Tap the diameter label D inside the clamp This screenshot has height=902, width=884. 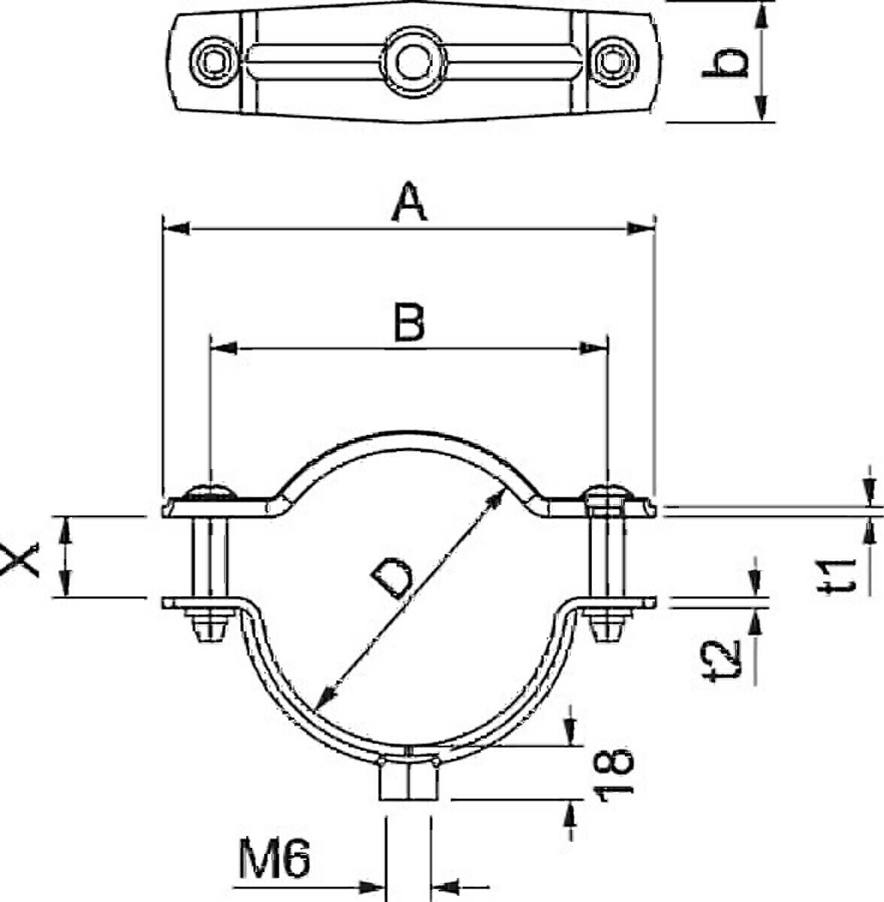click(392, 580)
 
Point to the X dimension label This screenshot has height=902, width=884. click(19, 559)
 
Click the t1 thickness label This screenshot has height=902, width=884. click(840, 575)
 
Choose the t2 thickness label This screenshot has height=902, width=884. click(723, 661)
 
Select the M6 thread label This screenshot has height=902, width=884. click(274, 858)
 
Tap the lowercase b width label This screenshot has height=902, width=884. click(725, 62)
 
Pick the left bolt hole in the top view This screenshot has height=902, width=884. click(214, 62)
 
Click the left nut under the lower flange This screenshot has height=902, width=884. click(210, 624)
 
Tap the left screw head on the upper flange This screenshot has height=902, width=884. click(210, 492)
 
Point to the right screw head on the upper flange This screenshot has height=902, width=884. click(608, 492)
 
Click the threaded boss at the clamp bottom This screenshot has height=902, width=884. click(409, 780)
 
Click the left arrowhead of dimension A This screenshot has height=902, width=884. click(176, 229)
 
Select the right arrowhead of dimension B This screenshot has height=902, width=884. click(593, 348)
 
